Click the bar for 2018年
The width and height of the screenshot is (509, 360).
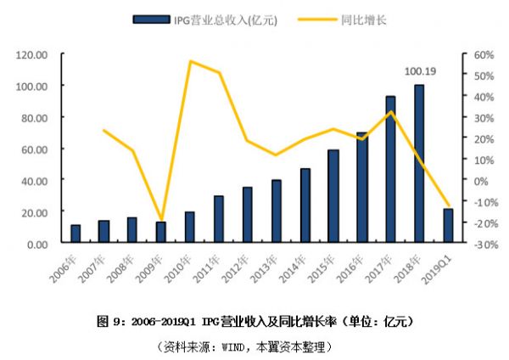click(419, 164)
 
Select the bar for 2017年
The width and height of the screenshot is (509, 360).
click(390, 170)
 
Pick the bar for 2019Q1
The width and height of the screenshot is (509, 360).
click(448, 226)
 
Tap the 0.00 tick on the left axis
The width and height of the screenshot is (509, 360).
click(36, 244)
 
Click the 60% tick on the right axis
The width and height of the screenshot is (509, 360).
click(483, 54)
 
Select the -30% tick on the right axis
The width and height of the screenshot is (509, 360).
click(484, 244)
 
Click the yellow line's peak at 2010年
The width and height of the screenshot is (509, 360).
click(191, 61)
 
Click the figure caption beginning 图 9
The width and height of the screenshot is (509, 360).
click(255, 322)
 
